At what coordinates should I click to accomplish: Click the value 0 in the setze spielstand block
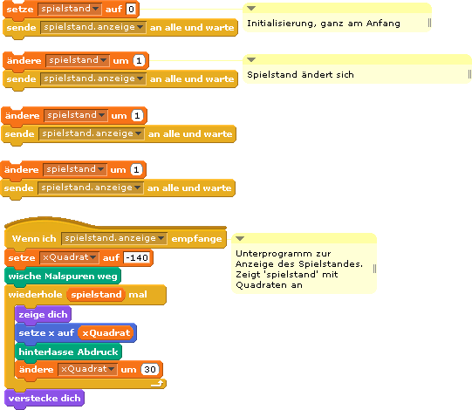click(131, 9)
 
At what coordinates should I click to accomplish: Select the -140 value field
click(137, 257)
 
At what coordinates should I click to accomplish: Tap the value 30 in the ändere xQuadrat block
click(150, 369)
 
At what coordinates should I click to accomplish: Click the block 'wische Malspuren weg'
click(63, 276)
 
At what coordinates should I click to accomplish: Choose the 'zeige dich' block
click(43, 315)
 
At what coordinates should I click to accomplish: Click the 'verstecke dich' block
click(44, 399)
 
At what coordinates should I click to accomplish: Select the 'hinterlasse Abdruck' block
click(68, 352)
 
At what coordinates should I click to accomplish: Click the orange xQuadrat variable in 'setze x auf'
click(106, 332)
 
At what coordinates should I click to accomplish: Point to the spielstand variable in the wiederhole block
click(96, 294)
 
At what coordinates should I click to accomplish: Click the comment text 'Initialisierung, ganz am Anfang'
click(324, 24)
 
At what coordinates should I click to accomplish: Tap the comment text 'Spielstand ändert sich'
click(300, 75)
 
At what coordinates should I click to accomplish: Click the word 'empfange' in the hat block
click(196, 239)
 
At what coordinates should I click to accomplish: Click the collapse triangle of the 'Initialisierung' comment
click(251, 8)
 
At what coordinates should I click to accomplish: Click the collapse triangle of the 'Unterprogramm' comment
click(240, 238)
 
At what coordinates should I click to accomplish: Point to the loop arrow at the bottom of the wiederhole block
click(157, 383)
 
